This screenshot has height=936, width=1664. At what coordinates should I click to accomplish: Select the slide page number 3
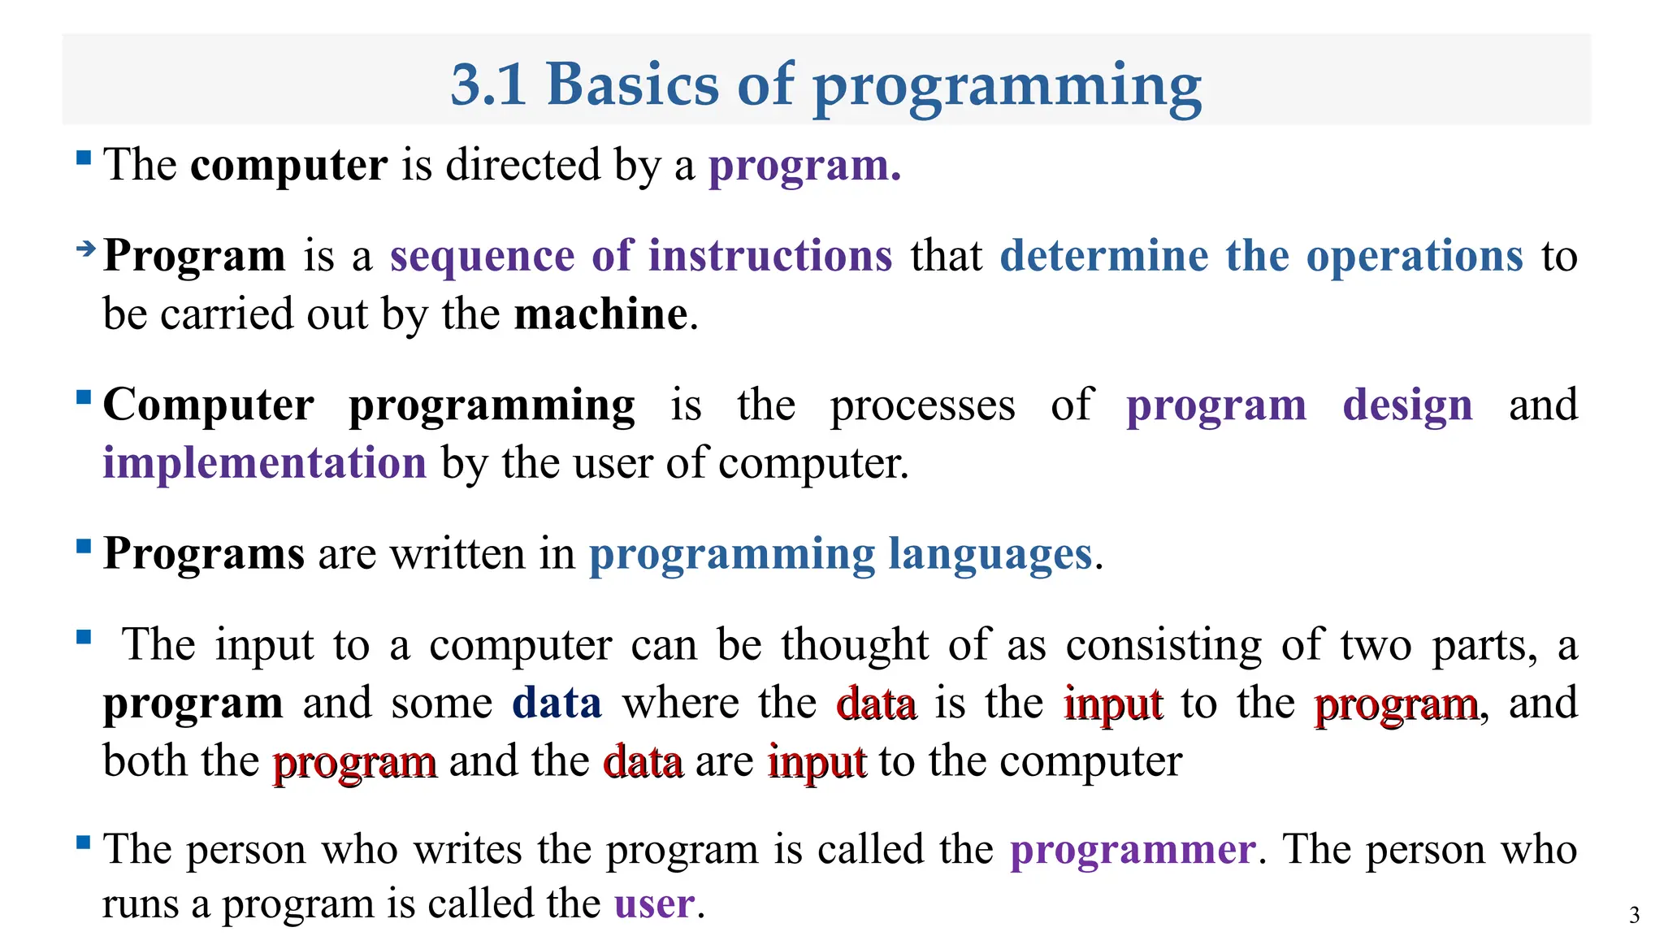click(x=1634, y=915)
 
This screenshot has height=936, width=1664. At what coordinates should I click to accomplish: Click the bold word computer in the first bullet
click(x=288, y=165)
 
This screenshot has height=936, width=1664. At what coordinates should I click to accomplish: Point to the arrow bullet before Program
click(x=85, y=249)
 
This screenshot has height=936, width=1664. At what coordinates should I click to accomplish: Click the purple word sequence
click(x=482, y=256)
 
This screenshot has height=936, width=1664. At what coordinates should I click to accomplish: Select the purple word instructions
click(x=770, y=256)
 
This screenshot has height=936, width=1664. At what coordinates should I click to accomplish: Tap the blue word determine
click(x=1103, y=256)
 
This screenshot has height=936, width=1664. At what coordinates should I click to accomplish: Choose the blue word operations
click(x=1414, y=258)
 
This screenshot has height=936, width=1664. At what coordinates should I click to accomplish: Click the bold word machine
click(x=601, y=314)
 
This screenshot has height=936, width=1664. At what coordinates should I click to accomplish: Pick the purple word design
click(x=1407, y=405)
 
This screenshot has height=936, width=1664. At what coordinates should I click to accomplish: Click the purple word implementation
click(x=264, y=463)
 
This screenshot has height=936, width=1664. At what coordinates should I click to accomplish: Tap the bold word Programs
click(x=204, y=554)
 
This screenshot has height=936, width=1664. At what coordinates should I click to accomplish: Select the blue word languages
click(x=990, y=555)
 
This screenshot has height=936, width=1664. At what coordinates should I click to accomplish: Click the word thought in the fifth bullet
click(x=855, y=645)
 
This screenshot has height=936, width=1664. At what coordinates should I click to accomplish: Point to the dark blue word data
click(x=557, y=703)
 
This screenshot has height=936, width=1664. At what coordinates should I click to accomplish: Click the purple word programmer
click(x=1133, y=850)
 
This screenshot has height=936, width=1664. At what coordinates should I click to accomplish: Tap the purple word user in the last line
click(x=654, y=904)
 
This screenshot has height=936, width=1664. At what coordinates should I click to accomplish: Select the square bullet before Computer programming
click(x=83, y=397)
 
